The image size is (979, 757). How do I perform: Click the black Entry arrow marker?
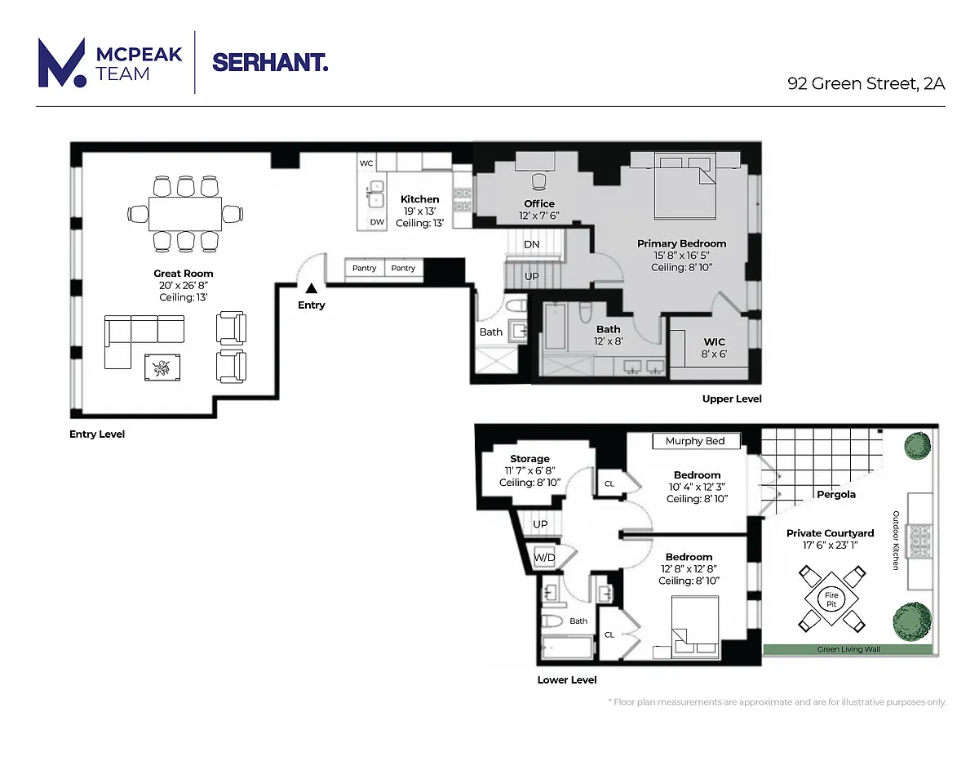pyautogui.click(x=312, y=288)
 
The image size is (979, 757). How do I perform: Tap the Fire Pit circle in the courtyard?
pyautogui.click(x=831, y=599)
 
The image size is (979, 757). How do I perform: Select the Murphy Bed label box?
pyautogui.click(x=695, y=441)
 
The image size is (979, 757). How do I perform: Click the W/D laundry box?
pyautogui.click(x=544, y=557)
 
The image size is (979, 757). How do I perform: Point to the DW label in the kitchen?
pyautogui.click(x=377, y=222)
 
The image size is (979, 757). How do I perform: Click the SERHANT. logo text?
pyautogui.click(x=270, y=63)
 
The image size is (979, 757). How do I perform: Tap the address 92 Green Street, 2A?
pyautogui.click(x=866, y=84)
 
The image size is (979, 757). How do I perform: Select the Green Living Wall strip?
pyautogui.click(x=848, y=649)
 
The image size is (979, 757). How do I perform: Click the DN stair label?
pyautogui.click(x=532, y=244)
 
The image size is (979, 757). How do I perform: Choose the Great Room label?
pyautogui.click(x=184, y=274)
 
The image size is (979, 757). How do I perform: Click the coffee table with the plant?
pyautogui.click(x=162, y=367)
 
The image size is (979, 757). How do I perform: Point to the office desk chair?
pyautogui.click(x=538, y=182)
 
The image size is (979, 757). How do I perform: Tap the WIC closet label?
pyautogui.click(x=714, y=342)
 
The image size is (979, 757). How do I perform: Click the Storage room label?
pyautogui.click(x=529, y=459)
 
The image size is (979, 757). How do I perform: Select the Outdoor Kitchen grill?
pyautogui.click(x=919, y=541)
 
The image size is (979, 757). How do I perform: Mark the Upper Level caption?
pyautogui.click(x=732, y=399)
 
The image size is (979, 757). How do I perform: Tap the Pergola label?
pyautogui.click(x=835, y=495)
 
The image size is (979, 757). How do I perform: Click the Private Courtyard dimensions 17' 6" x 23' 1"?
pyautogui.click(x=830, y=545)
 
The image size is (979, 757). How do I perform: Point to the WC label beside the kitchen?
pyautogui.click(x=366, y=163)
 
